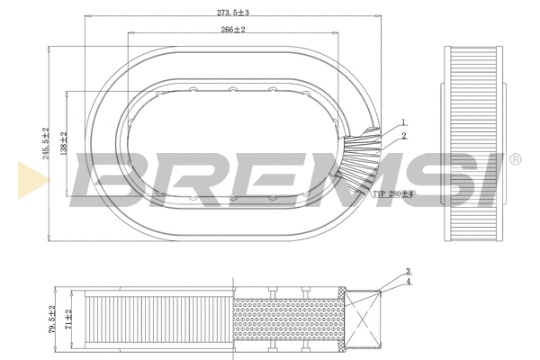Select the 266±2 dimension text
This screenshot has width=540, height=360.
233,30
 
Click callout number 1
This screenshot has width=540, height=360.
404,122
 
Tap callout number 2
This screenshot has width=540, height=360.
404,137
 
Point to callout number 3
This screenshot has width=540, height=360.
407,272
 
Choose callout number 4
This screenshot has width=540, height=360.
407,283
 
